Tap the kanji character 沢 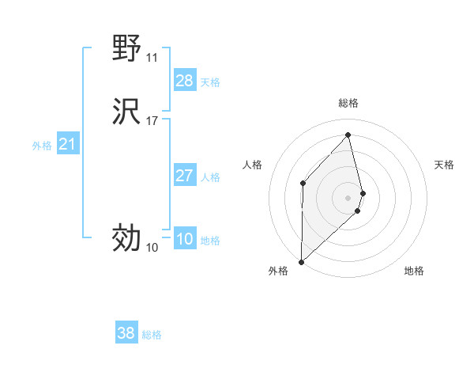(126, 112)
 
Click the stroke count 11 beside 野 (152, 58)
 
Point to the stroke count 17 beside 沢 (152, 121)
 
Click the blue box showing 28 (184, 81)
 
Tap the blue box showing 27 (184, 176)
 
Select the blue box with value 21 (67, 144)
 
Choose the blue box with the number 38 (126, 333)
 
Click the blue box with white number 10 (184, 239)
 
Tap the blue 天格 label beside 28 (210, 82)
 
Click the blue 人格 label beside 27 (210, 177)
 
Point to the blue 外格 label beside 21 (42, 146)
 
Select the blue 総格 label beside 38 (152, 335)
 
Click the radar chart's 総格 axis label (348, 103)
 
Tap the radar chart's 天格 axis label (444, 165)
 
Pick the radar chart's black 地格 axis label (414, 271)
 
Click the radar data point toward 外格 (301, 261)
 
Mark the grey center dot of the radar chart (348, 196)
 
